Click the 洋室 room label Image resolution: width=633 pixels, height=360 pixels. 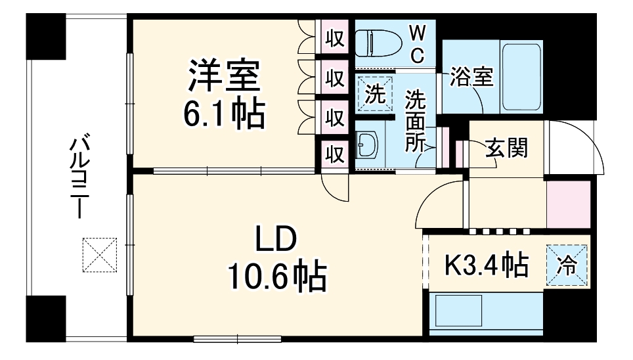(x=225, y=78)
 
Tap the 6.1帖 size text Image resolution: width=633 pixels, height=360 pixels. (x=225, y=115)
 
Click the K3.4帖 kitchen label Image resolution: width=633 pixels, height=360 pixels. (x=486, y=265)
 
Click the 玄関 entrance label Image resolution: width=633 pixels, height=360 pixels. (x=506, y=149)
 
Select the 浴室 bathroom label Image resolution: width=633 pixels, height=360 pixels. (x=471, y=78)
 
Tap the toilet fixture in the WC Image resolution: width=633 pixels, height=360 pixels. (x=382, y=45)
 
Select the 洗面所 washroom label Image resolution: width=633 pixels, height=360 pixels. (x=415, y=122)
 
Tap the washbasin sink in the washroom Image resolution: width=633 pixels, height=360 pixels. (x=367, y=146)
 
